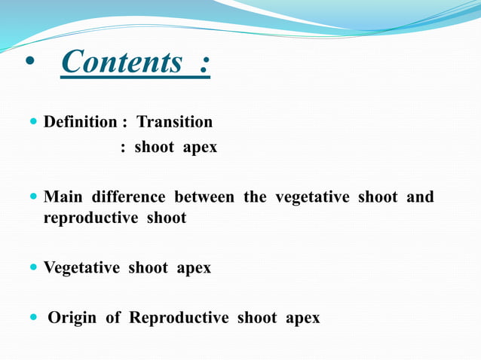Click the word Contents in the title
click(x=121, y=63)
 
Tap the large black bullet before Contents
click(x=30, y=63)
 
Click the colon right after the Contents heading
click(x=204, y=63)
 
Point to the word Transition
click(x=174, y=122)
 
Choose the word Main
click(x=63, y=197)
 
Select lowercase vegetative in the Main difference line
click(x=312, y=197)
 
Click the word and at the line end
click(x=420, y=197)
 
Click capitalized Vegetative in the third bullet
click(x=81, y=268)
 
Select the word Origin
click(x=72, y=318)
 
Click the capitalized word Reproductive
click(x=179, y=318)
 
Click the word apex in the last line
click(x=302, y=319)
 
